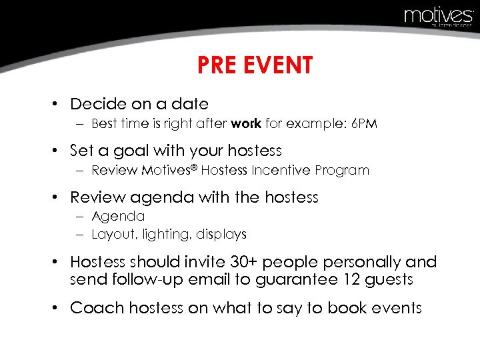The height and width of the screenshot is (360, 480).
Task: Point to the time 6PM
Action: [x=364, y=123]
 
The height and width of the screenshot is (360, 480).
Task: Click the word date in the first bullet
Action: [x=190, y=104]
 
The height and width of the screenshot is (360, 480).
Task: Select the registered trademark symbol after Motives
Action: [x=195, y=167]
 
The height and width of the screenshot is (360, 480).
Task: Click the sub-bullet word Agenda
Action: [x=118, y=216]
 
